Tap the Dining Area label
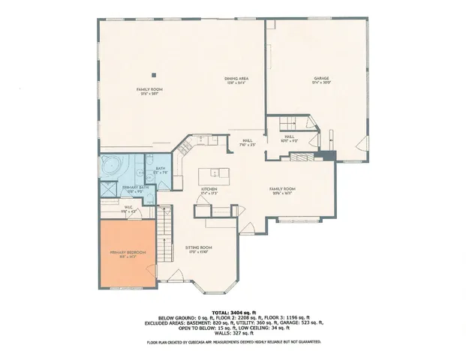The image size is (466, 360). click(x=236, y=79)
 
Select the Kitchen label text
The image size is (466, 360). click(x=209, y=190)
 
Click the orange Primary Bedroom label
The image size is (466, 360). click(x=125, y=253)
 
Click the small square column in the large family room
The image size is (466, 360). click(x=154, y=74)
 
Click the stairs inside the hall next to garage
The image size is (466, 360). click(x=290, y=124)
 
